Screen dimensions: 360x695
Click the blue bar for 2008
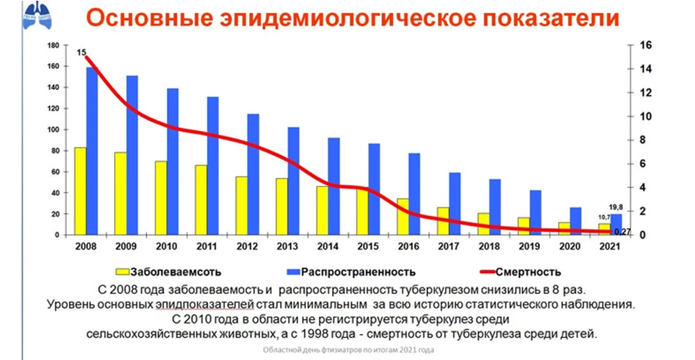coord(91,151)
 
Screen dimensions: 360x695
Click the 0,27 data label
coord(625,230)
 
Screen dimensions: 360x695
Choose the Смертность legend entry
coord(529,272)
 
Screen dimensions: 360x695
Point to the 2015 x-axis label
coord(367,246)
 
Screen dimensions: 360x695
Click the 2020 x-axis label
coord(569,246)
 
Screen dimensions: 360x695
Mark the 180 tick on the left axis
coord(52,45)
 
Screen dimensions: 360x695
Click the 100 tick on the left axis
coord(52,130)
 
